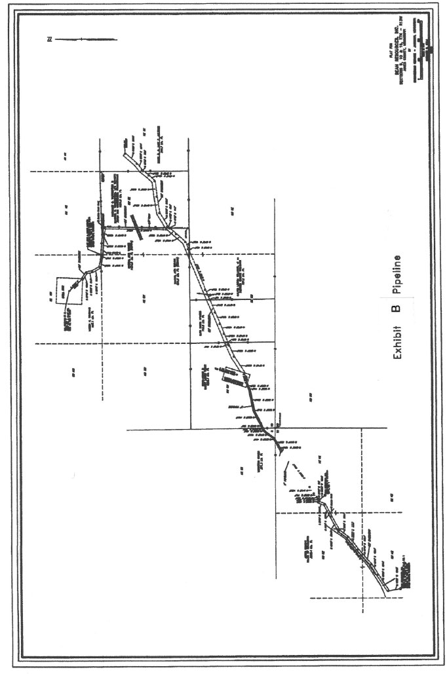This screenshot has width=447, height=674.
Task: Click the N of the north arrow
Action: (x=49, y=41)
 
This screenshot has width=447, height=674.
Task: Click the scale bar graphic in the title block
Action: (x=420, y=52)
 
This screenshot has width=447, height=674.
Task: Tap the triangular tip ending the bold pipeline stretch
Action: (x=281, y=451)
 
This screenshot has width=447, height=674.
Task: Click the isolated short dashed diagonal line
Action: (x=298, y=472)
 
